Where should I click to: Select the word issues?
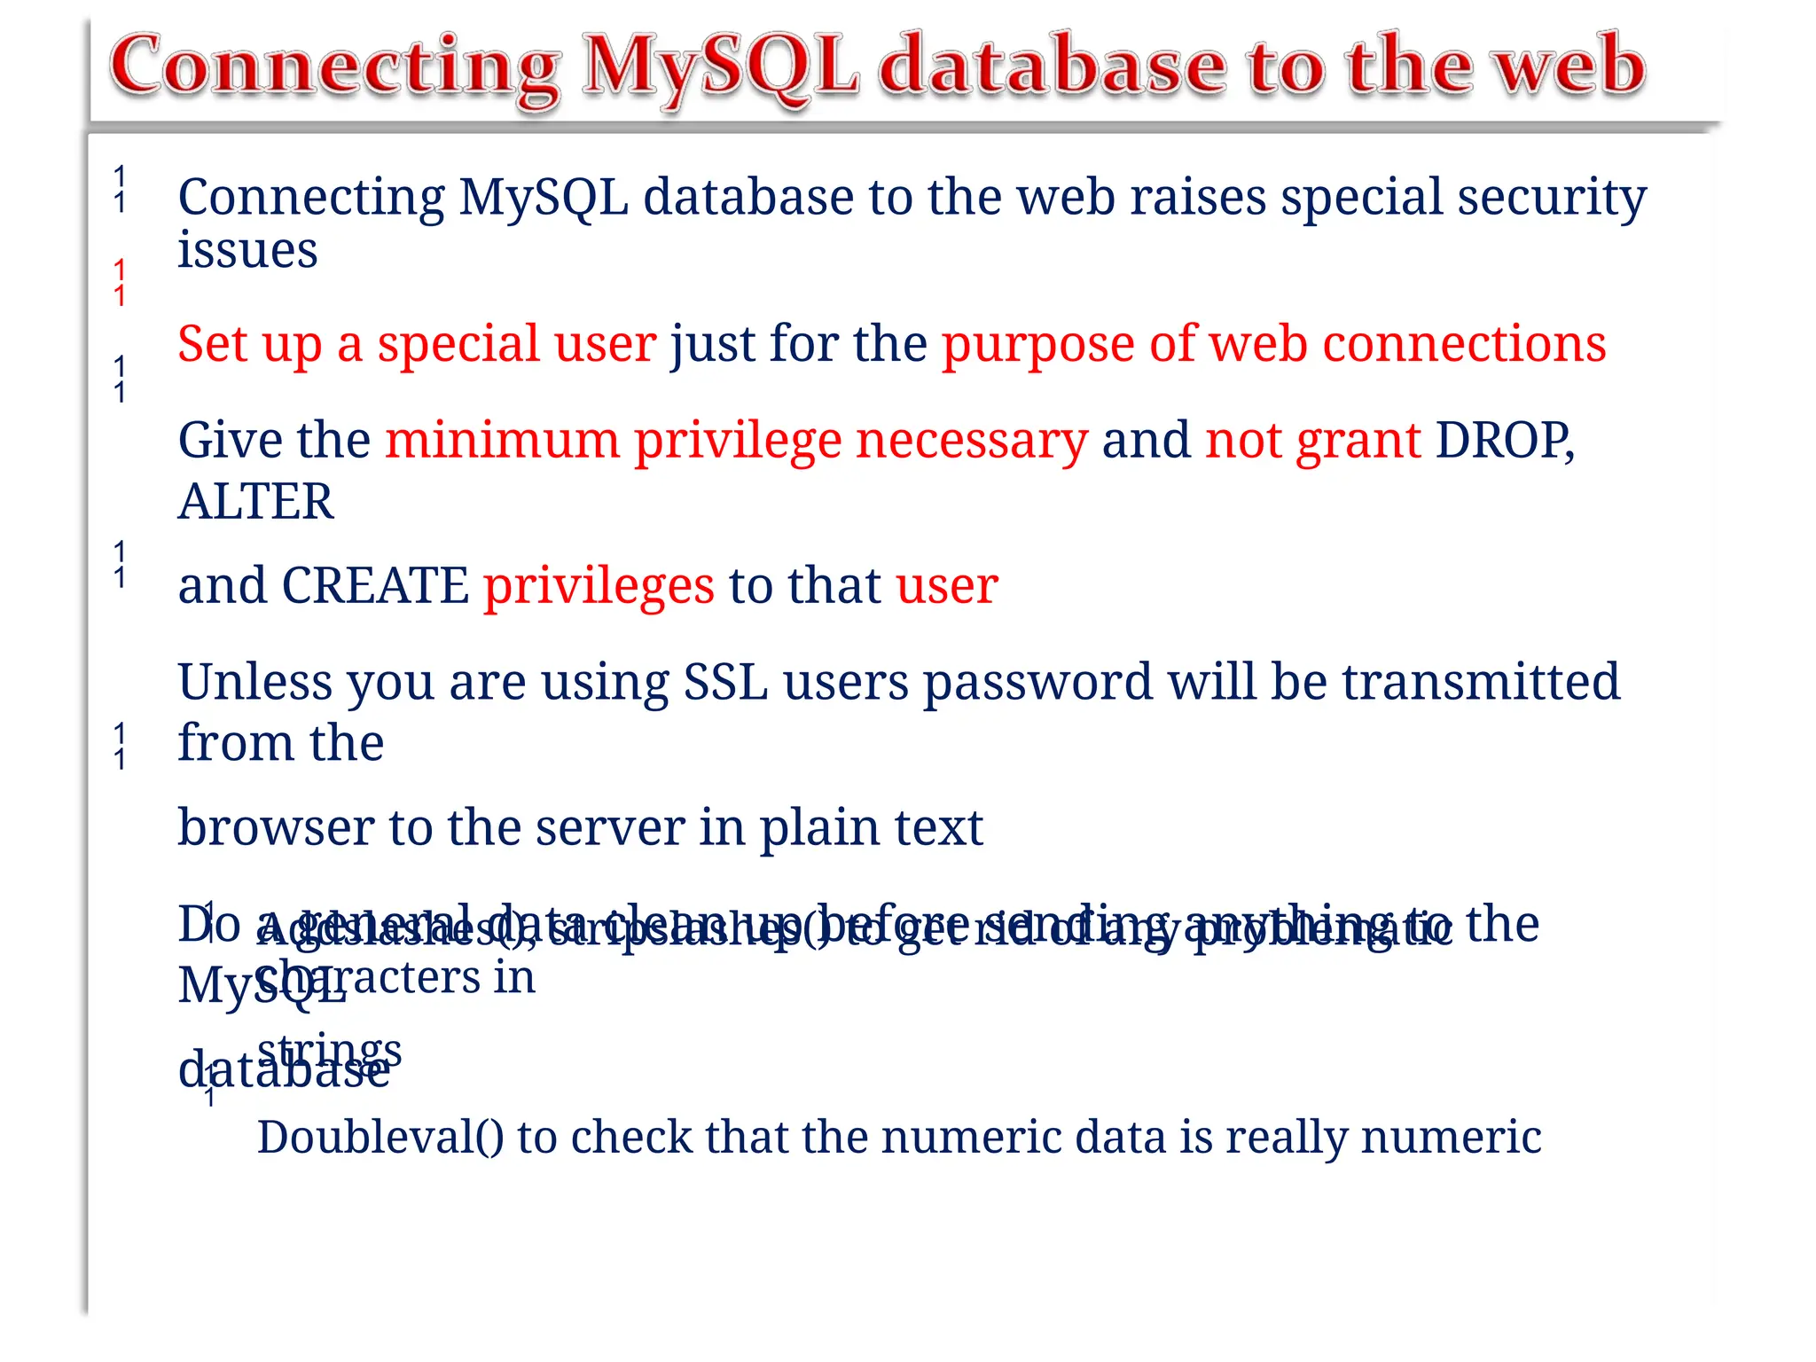pyautogui.click(x=247, y=250)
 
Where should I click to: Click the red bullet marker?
pyautogui.click(x=120, y=282)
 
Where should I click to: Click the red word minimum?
pyautogui.click(x=502, y=440)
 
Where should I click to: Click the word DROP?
pyautogui.click(x=1504, y=440)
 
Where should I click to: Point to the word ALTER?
pyautogui.click(x=256, y=502)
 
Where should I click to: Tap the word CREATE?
pyautogui.click(x=375, y=586)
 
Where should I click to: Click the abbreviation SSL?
pyautogui.click(x=725, y=682)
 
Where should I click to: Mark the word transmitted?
pyautogui.click(x=1481, y=682)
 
